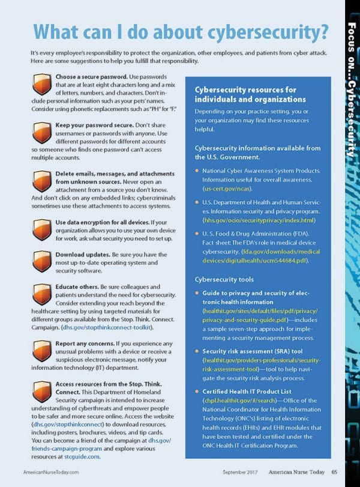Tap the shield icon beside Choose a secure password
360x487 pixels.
[x=42, y=83]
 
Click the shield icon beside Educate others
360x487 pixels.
[x=42, y=293]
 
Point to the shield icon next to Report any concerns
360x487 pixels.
[x=42, y=349]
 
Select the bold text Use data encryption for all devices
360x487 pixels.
[x=100, y=222]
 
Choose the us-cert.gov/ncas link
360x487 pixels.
[x=224, y=189]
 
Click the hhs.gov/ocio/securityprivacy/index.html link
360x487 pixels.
[x=259, y=220]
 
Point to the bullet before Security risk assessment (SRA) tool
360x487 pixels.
[x=197, y=350]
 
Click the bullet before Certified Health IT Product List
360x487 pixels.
[x=197, y=391]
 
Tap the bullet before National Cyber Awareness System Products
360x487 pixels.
[x=197, y=171]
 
